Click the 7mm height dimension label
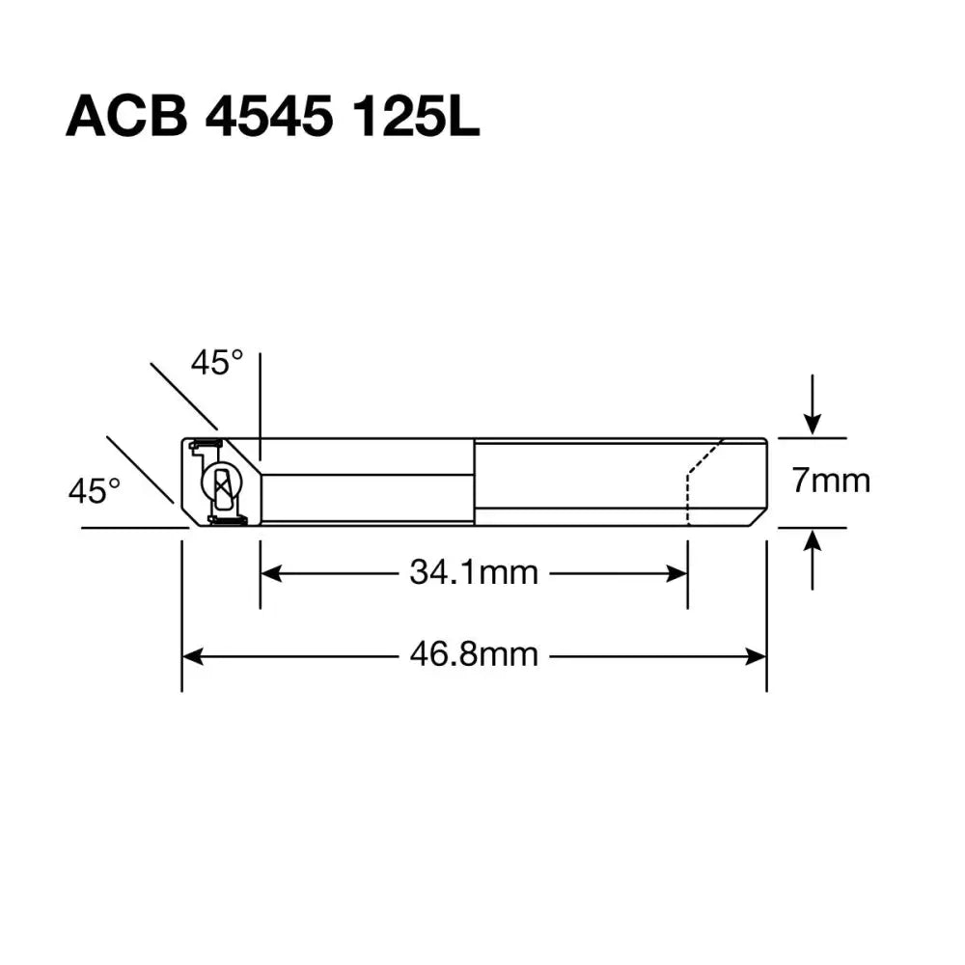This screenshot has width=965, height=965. pyautogui.click(x=831, y=480)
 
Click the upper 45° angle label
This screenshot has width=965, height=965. pyautogui.click(x=216, y=363)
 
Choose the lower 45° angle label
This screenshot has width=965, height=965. pyautogui.click(x=94, y=490)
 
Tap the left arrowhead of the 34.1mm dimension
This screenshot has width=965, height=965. pyautogui.click(x=270, y=573)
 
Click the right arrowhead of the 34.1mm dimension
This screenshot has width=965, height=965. pyautogui.click(x=677, y=573)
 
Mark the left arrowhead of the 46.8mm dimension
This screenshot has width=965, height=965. pyautogui.click(x=192, y=656)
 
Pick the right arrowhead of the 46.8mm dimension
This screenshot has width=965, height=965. pyautogui.click(x=757, y=656)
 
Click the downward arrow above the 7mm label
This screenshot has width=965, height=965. pyautogui.click(x=813, y=420)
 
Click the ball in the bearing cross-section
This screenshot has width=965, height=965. pyautogui.click(x=222, y=482)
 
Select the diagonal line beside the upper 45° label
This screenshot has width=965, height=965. pyautogui.click(x=183, y=396)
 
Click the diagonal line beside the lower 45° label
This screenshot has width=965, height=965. pyautogui.click(x=140, y=470)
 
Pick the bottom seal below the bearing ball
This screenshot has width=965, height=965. pyautogui.click(x=228, y=521)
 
